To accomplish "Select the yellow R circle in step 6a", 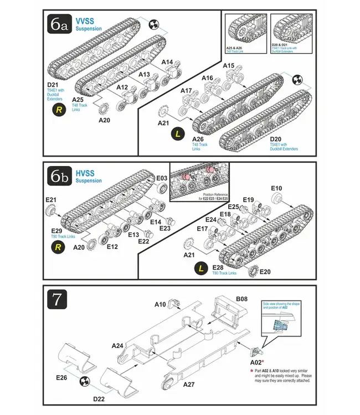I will (x=59, y=110).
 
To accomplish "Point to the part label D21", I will (x=53, y=85).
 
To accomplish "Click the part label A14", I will (x=167, y=62).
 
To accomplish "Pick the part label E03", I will (x=162, y=178).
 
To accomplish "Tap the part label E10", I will (x=276, y=188).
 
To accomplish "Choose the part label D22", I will (x=99, y=398).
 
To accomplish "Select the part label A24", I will (x=117, y=346).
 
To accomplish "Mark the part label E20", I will (x=265, y=272).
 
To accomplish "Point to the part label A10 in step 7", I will (x=160, y=304).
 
